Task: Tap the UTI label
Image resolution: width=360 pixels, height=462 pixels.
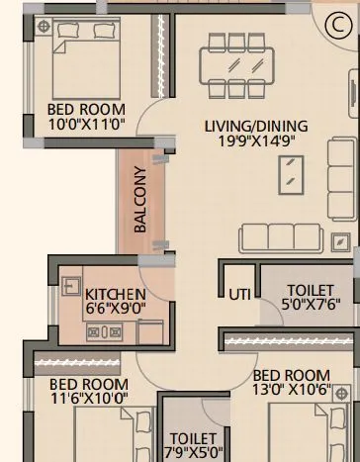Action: (239, 295)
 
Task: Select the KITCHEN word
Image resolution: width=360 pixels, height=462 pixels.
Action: (115, 295)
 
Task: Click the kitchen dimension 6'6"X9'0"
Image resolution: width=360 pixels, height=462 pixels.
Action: (115, 309)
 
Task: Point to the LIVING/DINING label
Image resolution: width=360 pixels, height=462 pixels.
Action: (256, 126)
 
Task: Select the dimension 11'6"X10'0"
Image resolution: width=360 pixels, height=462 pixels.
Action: (88, 398)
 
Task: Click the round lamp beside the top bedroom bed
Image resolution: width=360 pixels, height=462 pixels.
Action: (41, 30)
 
